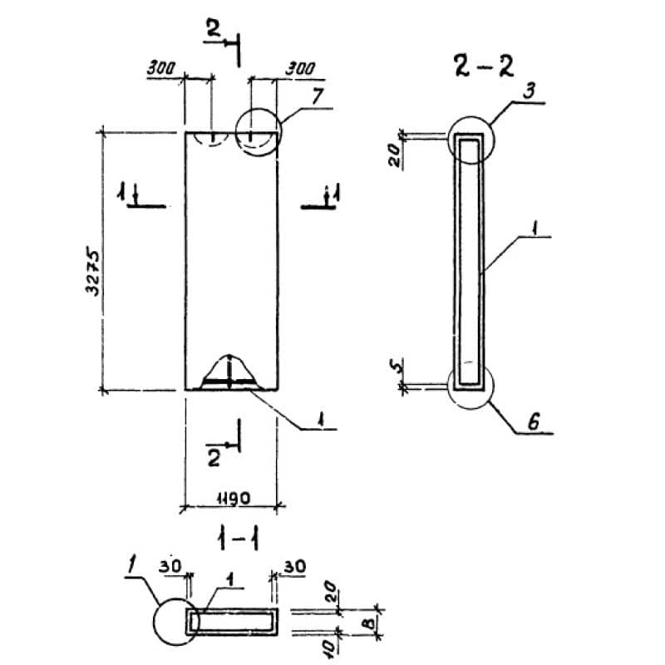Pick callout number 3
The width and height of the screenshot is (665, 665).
pos(530,91)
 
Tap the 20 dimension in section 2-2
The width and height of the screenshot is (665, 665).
pos(397,154)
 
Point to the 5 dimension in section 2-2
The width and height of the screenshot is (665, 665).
pos(397,364)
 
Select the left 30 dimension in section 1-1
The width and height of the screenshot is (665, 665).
pos(171,564)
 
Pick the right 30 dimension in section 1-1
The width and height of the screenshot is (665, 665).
pos(294,566)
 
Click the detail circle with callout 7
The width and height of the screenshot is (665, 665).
pos(258,131)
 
